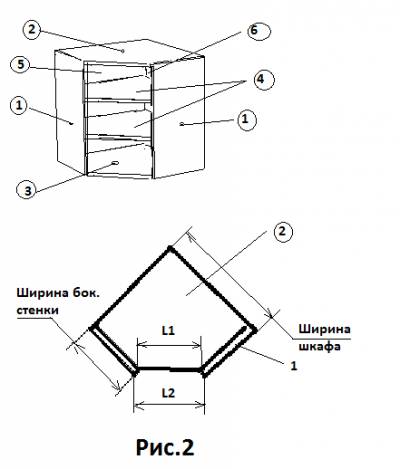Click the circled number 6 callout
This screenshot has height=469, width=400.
[259, 31]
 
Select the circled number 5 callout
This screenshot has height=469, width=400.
[21, 65]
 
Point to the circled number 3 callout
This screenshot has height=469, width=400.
[28, 190]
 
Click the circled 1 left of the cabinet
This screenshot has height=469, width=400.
[19, 106]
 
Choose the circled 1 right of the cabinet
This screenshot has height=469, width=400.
[247, 120]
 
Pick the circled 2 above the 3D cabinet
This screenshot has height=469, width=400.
[31, 29]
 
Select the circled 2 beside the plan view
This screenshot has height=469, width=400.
[283, 232]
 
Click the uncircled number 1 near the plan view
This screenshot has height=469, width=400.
[294, 366]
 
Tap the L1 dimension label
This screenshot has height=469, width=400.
[168, 331]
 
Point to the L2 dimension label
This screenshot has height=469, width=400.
[169, 393]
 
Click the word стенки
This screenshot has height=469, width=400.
[38, 310]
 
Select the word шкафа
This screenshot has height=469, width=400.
[319, 347]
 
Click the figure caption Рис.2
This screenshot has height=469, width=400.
[165, 448]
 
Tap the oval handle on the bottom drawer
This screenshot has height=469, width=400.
[115, 163]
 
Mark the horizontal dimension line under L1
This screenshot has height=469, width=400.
[169, 345]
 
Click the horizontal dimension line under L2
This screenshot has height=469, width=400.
[169, 406]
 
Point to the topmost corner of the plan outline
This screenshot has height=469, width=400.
[170, 248]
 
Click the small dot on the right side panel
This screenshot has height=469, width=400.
[182, 124]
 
